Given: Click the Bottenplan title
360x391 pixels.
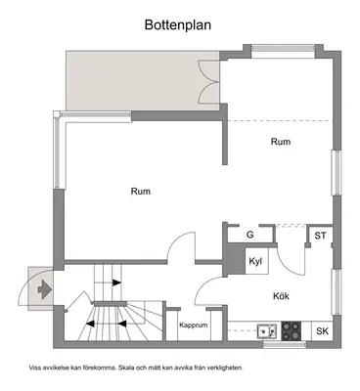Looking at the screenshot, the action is point(178,24).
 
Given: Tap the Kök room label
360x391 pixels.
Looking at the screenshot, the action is point(281,296).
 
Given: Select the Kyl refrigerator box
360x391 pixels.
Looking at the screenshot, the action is point(256,261).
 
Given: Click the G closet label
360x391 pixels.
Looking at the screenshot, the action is point(250,235).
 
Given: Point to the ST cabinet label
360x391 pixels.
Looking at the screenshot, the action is point(320,236).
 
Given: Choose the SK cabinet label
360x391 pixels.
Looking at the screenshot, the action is point(323,331).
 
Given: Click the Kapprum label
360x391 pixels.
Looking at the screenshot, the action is point(194,326).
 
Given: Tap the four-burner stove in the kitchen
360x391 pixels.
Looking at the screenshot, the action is point(292,331).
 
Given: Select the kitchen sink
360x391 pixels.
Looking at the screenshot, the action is point(267,331).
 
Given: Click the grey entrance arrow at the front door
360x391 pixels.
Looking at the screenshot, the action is point(45,288).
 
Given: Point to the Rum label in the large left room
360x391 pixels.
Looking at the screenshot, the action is point(141,191).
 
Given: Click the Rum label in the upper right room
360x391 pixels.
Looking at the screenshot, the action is point(281,142).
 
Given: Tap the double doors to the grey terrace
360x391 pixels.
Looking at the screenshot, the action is point(209,81).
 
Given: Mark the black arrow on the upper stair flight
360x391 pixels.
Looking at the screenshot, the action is point(116,282).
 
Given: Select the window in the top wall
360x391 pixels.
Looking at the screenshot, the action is point(284,52).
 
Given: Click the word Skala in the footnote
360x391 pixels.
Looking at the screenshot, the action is point(127,368).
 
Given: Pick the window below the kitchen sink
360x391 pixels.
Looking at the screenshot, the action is point(285,344).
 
